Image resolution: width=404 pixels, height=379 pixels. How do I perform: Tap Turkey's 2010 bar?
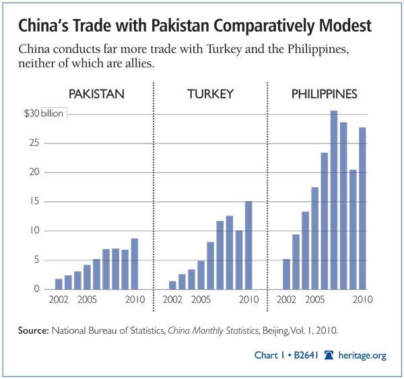249,245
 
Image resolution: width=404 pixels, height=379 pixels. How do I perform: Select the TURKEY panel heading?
210,94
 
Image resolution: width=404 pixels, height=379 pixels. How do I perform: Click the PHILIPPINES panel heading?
324,94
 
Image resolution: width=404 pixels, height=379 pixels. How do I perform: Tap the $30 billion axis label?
44,114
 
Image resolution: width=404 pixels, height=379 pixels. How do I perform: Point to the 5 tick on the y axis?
41,261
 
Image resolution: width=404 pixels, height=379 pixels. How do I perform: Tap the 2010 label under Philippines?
364,300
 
